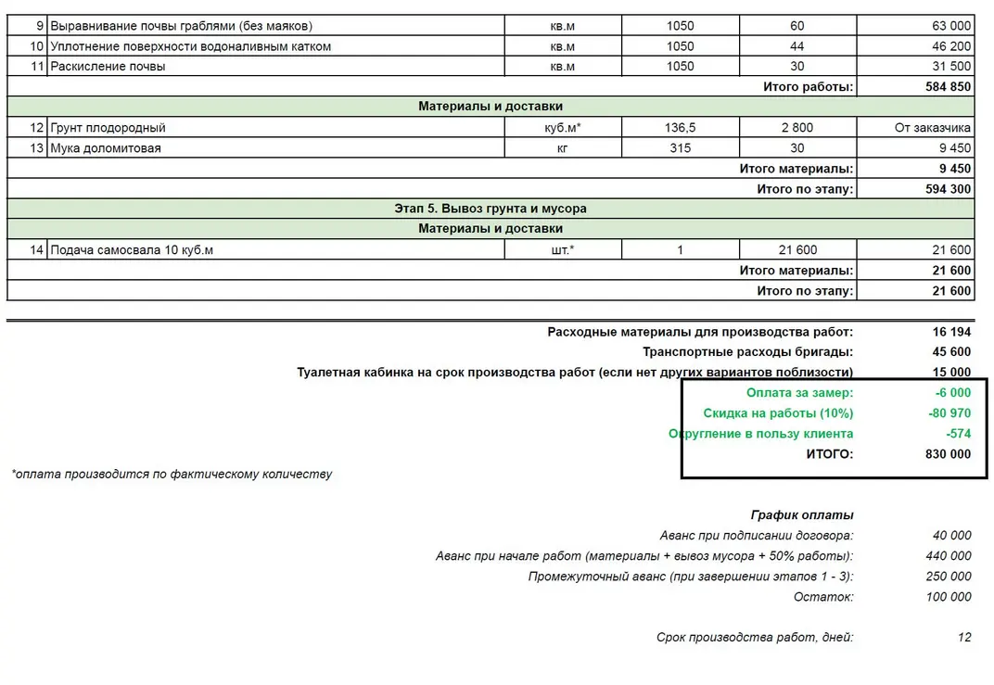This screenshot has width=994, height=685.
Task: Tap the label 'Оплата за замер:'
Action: point(799,393)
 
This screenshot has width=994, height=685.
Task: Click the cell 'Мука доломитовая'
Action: point(105,148)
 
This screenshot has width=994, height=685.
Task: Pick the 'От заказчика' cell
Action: point(933,128)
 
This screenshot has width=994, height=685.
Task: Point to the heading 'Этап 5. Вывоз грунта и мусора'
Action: point(491,209)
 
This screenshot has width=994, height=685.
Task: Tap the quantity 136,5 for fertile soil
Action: point(681,128)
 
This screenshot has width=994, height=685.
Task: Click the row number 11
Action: point(37,67)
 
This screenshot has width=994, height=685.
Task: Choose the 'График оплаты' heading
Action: point(802,515)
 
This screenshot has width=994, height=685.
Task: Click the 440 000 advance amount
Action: point(948,556)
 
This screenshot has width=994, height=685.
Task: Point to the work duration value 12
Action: point(964,638)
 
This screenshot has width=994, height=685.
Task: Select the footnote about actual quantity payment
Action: point(172,475)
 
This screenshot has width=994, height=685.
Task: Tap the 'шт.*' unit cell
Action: point(562,249)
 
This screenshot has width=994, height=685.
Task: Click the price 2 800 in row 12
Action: point(797,128)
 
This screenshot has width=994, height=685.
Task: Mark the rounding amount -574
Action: point(958,434)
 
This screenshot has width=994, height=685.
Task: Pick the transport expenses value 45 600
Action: point(951,352)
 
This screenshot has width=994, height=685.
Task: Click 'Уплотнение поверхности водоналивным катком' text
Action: point(190,46)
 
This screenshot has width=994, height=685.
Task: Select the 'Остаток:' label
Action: point(823,597)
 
